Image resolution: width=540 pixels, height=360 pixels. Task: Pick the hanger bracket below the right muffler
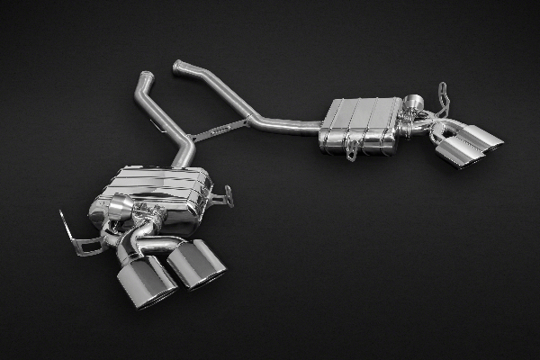tap(352, 151)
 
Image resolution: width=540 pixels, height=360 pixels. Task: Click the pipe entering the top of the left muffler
tap(184, 153)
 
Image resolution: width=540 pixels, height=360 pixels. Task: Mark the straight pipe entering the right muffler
tap(288, 126)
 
